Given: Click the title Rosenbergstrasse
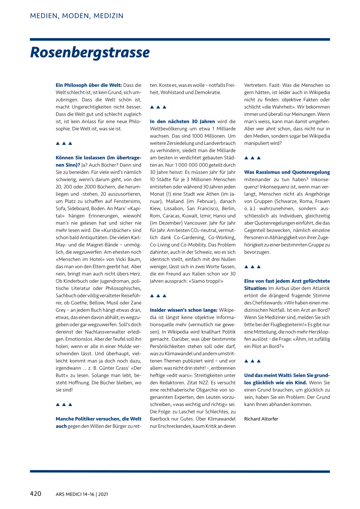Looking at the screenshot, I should (x=90, y=52).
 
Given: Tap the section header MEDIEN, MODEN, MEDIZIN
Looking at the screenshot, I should (x=77, y=16).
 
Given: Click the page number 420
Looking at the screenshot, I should (x=36, y=494).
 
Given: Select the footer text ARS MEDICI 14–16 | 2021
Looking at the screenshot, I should (x=82, y=494).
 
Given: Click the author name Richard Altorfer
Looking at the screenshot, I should (x=261, y=419).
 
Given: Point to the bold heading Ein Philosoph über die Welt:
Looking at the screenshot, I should (x=89, y=85).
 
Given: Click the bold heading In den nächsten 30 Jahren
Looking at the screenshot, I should (x=182, y=121).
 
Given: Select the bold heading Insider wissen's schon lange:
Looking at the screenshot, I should (x=184, y=310).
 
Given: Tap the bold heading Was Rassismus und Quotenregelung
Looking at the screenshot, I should (x=287, y=172).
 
